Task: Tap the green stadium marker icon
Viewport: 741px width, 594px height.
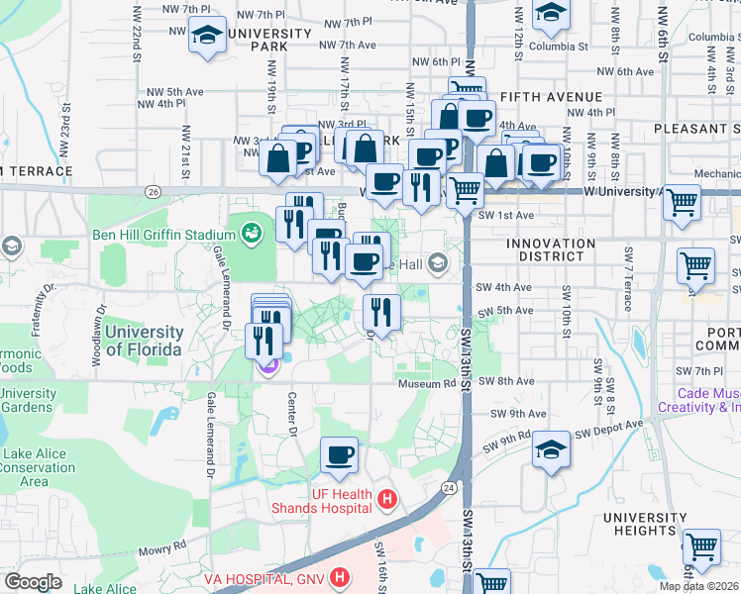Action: pos(252,234)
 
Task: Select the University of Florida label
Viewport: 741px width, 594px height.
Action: pos(144,341)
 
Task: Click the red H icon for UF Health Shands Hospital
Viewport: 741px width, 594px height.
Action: pos(387,501)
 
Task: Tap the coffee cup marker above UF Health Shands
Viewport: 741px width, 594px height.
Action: pos(340,454)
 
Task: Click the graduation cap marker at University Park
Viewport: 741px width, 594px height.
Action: pos(207,36)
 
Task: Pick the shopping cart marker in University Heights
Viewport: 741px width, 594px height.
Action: pos(701,545)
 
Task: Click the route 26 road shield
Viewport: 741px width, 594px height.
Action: pos(152,190)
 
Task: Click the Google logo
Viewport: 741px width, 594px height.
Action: pos(33,581)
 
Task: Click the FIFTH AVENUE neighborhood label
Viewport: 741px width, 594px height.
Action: pos(552,97)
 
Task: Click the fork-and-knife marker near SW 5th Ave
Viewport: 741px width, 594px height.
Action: pos(381,312)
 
